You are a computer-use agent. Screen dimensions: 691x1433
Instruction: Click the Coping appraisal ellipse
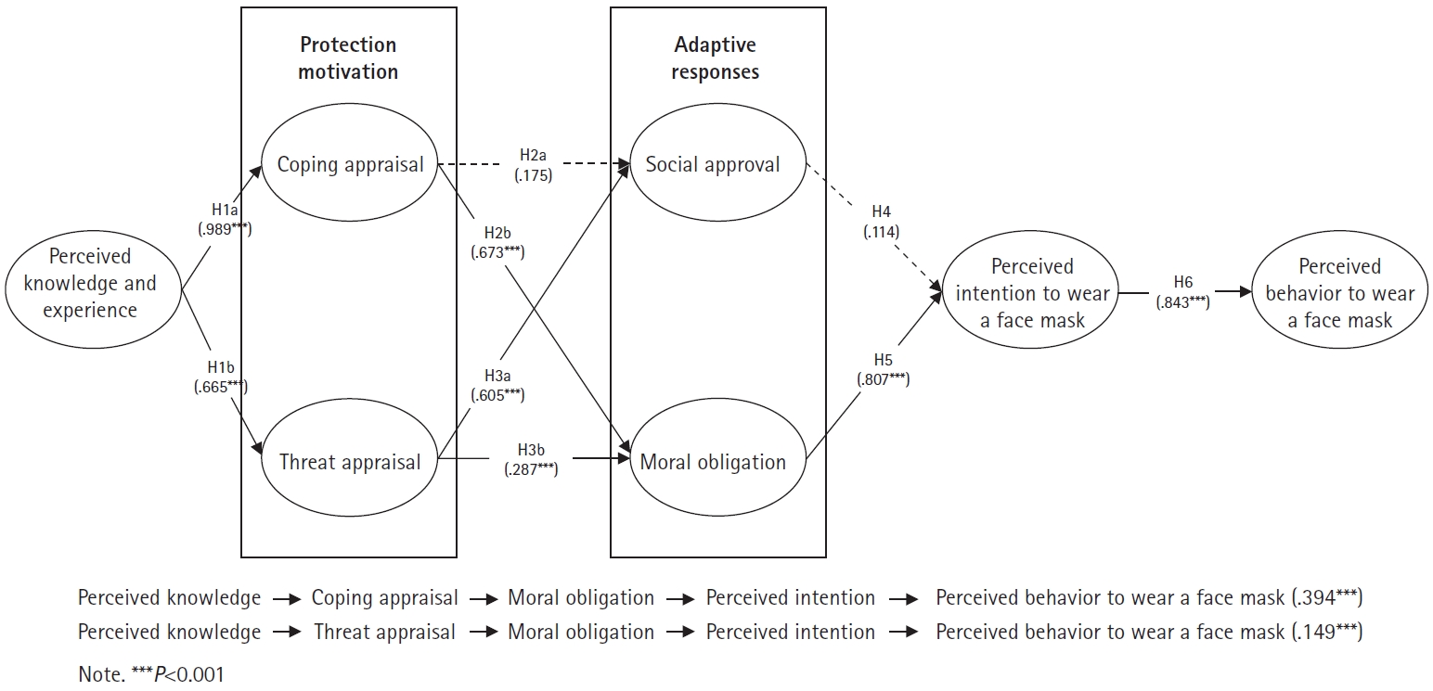pyautogui.click(x=350, y=165)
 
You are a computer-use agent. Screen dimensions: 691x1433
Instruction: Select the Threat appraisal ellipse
pyautogui.click(x=350, y=462)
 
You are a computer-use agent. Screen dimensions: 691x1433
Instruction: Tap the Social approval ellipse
pyautogui.click(x=713, y=165)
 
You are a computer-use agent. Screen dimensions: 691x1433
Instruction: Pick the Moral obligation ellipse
pyautogui.click(x=713, y=462)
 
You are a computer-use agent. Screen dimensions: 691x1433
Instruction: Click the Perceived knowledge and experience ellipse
pyautogui.click(x=90, y=284)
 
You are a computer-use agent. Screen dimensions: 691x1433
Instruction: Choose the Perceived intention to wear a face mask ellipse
pyautogui.click(x=1031, y=294)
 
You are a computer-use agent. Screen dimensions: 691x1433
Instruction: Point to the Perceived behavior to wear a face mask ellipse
pyautogui.click(x=1339, y=294)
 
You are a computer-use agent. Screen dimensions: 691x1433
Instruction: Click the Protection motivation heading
pyautogui.click(x=348, y=58)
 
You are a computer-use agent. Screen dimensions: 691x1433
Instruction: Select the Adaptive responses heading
pyautogui.click(x=715, y=58)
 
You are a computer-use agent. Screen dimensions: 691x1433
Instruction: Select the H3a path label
pyautogui.click(x=497, y=376)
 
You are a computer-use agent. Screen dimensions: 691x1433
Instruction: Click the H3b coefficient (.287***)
pyautogui.click(x=531, y=470)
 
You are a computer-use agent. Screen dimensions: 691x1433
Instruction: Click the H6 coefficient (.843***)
pyautogui.click(x=1181, y=301)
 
